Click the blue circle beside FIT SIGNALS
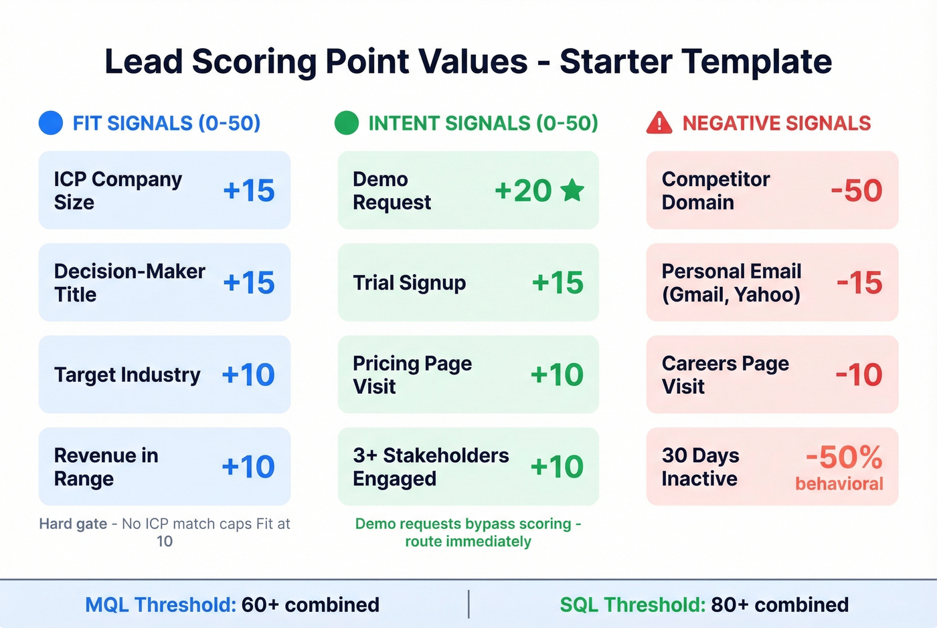coord(51,123)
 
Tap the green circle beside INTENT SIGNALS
coord(347,123)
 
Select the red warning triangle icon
coord(659,123)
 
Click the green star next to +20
coord(572,191)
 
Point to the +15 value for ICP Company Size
coord(249,191)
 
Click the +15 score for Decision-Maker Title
coord(249,283)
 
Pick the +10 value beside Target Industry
coord(248,375)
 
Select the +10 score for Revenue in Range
coord(248,467)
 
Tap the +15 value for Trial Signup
coord(558,283)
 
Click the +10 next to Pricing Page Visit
coord(557,375)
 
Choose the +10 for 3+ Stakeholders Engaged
coord(557,467)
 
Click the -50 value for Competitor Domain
coord(857,191)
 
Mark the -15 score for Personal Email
coord(859,283)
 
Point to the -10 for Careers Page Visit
coord(859,375)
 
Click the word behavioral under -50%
coord(839,484)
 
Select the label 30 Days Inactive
coord(700,467)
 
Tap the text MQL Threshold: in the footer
coord(161,605)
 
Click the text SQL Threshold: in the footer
coord(632,605)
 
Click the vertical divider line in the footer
coord(468,604)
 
